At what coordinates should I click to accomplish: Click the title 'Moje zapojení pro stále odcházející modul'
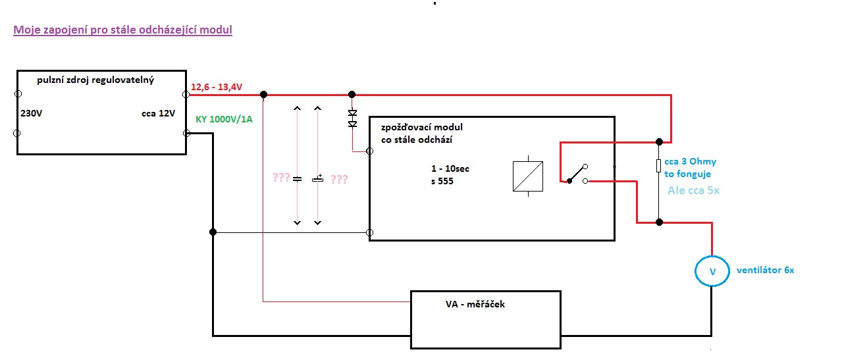pos(122,30)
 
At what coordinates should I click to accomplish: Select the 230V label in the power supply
pos(31,113)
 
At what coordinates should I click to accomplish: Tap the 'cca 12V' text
pos(158,113)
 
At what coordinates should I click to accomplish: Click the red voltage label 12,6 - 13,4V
pos(217,87)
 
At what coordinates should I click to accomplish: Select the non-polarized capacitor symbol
pos(297,178)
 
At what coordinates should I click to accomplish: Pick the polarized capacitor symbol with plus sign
pos(318,178)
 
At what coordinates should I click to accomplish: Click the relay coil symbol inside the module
pos(527,176)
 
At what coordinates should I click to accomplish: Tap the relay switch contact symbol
pos(574,174)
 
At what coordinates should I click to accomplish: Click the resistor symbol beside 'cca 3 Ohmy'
pos(658,165)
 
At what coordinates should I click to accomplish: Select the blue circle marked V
pos(712,271)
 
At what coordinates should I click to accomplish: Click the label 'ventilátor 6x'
pos(766,270)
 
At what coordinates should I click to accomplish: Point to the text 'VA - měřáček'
pos(475,304)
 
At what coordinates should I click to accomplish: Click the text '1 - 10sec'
pos(446,168)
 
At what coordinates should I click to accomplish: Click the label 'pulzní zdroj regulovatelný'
pos(96,80)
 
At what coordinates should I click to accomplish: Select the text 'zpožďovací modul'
pos(422,126)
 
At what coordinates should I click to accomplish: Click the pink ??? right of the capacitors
pos(339,179)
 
